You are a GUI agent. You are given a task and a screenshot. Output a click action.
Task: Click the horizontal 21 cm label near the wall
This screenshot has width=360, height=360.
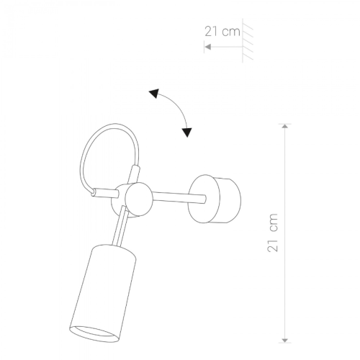click(x=222, y=32)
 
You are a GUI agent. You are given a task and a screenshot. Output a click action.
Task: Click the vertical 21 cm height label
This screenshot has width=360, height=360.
click(x=273, y=233)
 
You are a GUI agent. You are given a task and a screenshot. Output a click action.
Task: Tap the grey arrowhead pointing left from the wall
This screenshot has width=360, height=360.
click(x=208, y=47)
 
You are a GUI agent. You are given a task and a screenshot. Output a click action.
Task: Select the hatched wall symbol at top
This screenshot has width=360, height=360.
click(x=248, y=40)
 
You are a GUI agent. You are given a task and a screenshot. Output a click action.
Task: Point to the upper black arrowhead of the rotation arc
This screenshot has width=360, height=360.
click(x=154, y=93)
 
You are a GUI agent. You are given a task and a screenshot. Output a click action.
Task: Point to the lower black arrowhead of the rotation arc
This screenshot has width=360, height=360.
click(x=187, y=132)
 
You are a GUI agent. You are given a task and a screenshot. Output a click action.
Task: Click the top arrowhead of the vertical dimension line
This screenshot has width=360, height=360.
click(x=284, y=126)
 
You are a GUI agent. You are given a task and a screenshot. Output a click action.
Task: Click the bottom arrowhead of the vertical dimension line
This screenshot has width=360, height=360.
click(x=284, y=340)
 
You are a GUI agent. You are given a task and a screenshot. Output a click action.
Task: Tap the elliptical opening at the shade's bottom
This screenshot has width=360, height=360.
click(x=94, y=334)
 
